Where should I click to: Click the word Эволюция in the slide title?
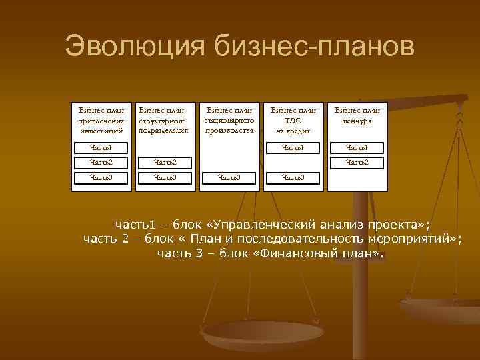coord(136,47)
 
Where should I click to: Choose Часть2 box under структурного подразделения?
coord(165,162)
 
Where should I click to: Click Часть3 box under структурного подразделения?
coord(165,178)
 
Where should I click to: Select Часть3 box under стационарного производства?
coord(229,178)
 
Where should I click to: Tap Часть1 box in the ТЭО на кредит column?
coord(293,147)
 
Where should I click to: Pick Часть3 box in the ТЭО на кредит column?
coord(293,178)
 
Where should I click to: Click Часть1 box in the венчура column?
coord(357,147)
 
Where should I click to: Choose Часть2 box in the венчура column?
coord(357,162)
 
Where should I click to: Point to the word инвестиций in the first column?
coord(101,131)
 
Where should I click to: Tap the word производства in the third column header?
coord(229,131)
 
